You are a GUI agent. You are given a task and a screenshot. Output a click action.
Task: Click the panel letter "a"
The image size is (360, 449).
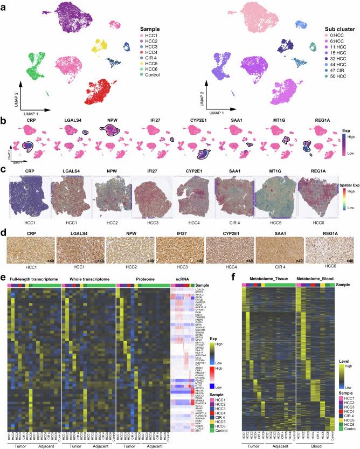[x=4, y=4]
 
